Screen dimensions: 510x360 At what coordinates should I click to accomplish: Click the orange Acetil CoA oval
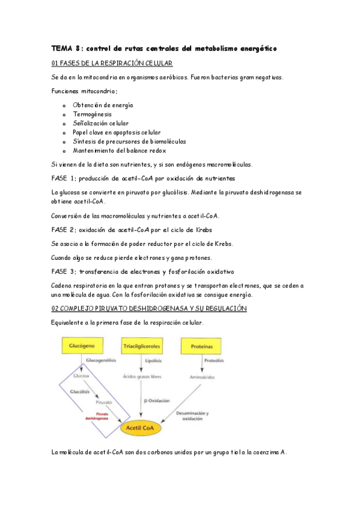[142, 429]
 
